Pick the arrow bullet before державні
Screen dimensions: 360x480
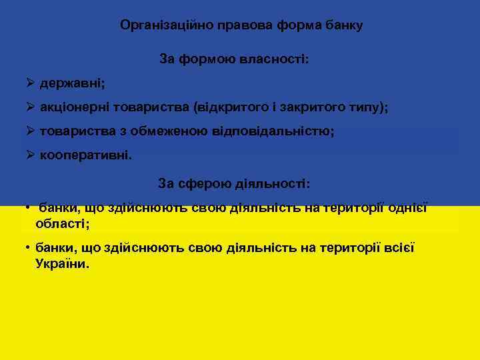click(30, 84)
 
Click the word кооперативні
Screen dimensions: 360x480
click(85, 155)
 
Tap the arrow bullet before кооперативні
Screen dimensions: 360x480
click(30, 155)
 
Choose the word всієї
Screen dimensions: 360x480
click(399, 248)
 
